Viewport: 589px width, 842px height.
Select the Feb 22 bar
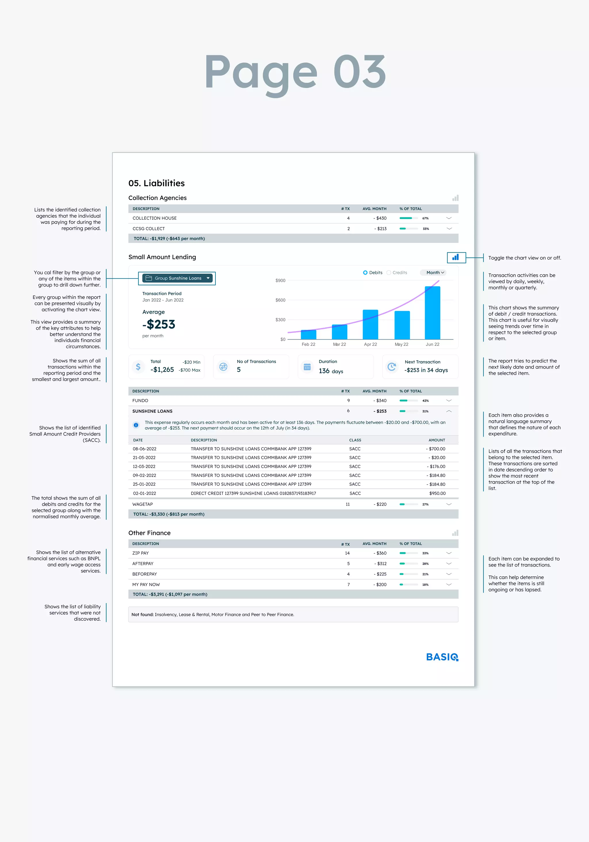click(308, 334)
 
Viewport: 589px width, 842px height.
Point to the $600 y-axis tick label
click(280, 300)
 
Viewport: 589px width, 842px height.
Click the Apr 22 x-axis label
click(370, 344)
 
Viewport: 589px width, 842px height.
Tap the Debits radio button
click(365, 273)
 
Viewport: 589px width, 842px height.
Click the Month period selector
click(435, 273)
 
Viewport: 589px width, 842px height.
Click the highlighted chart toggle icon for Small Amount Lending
click(456, 258)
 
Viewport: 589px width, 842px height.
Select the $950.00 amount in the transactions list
click(437, 493)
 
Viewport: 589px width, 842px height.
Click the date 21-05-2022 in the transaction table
click(144, 458)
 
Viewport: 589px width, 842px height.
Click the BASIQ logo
click(442, 657)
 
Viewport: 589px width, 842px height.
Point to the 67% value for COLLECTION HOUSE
click(425, 218)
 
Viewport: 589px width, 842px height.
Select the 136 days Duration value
click(331, 371)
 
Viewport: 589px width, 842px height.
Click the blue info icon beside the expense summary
click(136, 425)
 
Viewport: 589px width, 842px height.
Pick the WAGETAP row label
click(142, 504)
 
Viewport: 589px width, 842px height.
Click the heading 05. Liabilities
click(156, 183)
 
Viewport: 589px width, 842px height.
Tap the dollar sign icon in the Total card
click(138, 367)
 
